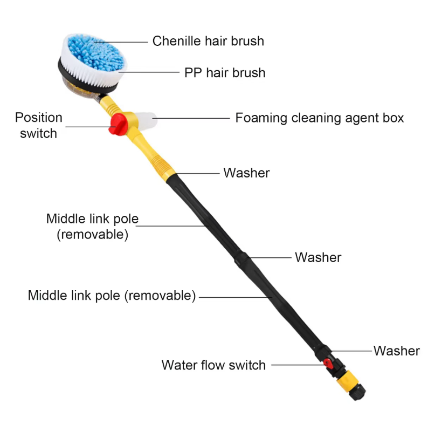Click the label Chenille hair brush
pos(208,41)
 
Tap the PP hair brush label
pos(225,73)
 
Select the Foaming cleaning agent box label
pos(319,118)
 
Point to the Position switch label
pos(38,125)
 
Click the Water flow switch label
pos(213,365)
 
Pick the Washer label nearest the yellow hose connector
pos(397,351)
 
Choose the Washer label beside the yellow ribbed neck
pos(246,173)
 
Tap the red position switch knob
pos(118,125)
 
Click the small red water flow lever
pos(328,364)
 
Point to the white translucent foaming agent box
pos(147,120)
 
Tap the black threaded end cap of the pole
pos(357,392)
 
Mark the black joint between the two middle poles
pos(242,258)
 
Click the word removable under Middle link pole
pos(92,235)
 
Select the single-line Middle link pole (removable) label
pos(112,296)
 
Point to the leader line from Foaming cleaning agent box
pos(191,118)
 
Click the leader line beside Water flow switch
pos(299,365)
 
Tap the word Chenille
pos(177,41)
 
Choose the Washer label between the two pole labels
pos(318,258)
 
